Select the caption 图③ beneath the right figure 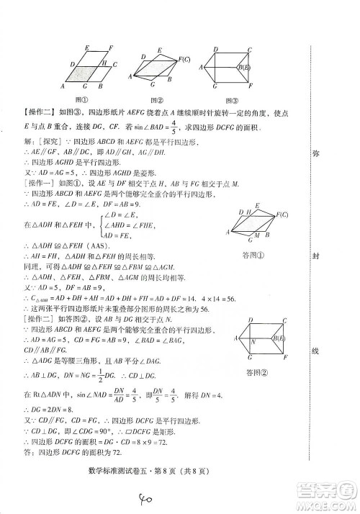[230, 100]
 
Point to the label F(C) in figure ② [184, 59]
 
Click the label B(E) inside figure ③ [244, 67]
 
